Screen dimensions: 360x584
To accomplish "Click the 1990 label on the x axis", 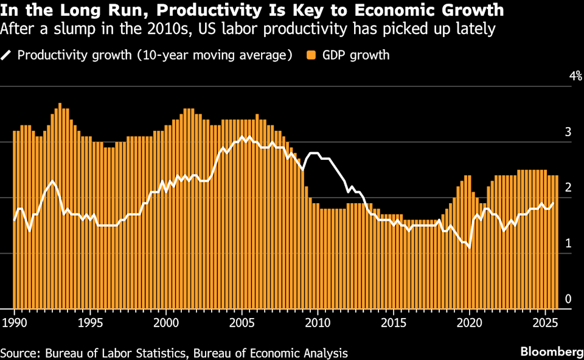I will [x=14, y=320].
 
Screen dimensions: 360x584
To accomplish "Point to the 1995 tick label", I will [x=90, y=320].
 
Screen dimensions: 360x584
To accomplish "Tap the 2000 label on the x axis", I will [x=166, y=320].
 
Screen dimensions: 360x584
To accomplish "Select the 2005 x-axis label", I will [x=242, y=320].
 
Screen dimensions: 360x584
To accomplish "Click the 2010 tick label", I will [x=318, y=320].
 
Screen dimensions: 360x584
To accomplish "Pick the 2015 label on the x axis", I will [x=394, y=320].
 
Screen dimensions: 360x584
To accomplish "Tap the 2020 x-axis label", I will [x=469, y=320].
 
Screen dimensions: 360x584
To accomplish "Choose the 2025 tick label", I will [x=545, y=320].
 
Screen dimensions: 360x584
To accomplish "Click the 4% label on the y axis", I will [x=575, y=76].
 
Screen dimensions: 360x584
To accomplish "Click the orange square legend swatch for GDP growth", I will [x=310, y=55].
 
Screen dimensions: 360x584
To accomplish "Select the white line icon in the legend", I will [x=7, y=55].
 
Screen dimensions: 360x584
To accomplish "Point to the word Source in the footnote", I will [x=18, y=353].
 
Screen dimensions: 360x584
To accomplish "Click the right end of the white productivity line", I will [x=553, y=203].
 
